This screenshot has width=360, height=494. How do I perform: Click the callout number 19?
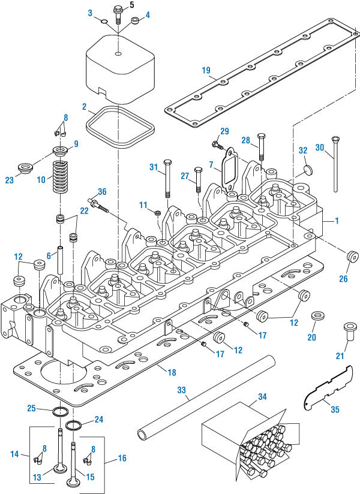pyautogui.click(x=206, y=71)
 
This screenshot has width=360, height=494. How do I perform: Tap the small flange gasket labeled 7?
pyautogui.click(x=228, y=167)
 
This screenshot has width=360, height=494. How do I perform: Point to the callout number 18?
pyautogui.click(x=172, y=372)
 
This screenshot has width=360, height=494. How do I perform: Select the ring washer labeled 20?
pyautogui.click(x=316, y=315)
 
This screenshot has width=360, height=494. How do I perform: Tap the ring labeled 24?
pyautogui.click(x=73, y=426)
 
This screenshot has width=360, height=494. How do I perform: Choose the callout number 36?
pyautogui.click(x=102, y=192)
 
